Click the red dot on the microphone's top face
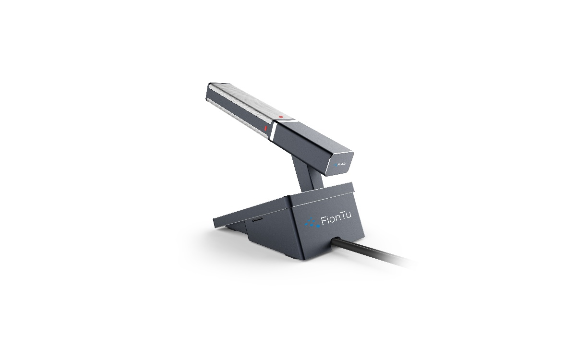[x=281, y=117]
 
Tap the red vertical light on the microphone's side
[x=265, y=128]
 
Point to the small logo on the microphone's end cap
[x=339, y=164]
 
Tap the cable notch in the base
[x=336, y=238]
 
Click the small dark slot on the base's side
[x=257, y=220]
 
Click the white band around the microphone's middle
[x=273, y=131]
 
